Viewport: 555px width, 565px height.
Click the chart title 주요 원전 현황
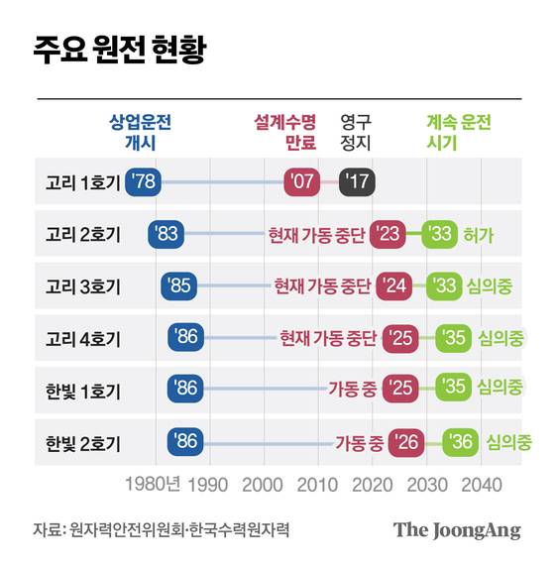(x=120, y=51)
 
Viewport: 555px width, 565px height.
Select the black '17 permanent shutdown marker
(x=356, y=182)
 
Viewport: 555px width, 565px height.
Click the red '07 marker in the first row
(x=301, y=182)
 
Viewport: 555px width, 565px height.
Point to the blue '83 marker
(x=166, y=234)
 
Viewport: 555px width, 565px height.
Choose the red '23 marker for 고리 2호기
(x=388, y=234)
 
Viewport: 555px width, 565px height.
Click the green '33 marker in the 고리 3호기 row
(x=445, y=286)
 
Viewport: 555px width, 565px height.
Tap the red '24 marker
(x=393, y=286)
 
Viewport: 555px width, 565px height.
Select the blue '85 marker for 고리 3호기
(x=177, y=286)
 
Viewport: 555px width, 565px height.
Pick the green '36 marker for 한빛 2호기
(x=460, y=441)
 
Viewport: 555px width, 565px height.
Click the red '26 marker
(x=406, y=441)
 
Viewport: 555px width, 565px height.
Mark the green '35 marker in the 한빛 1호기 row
(x=454, y=389)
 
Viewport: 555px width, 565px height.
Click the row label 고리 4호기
(x=83, y=338)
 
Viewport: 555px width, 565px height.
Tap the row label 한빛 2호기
(x=83, y=441)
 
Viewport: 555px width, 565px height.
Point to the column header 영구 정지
(x=355, y=133)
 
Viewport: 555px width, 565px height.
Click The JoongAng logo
(x=457, y=529)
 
